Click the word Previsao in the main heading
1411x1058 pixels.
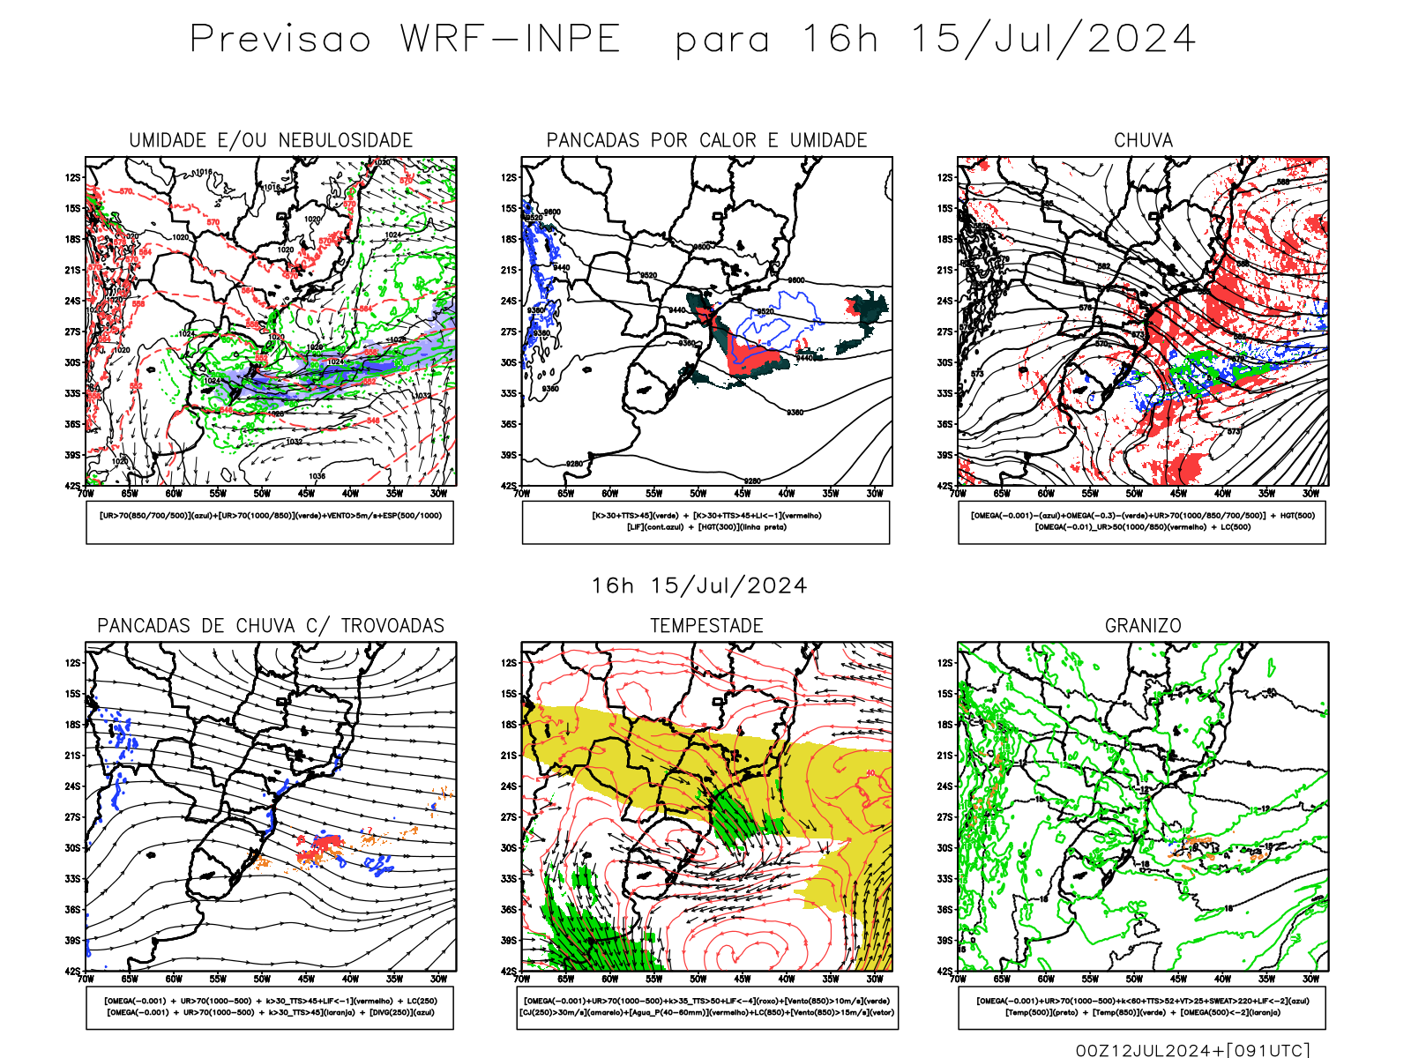pos(280,40)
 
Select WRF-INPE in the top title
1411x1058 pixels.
pos(511,40)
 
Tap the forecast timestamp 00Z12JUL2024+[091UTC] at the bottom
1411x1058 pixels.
pos(1192,1049)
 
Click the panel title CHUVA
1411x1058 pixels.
pos(1143,140)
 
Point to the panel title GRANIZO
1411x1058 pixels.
pos(1143,626)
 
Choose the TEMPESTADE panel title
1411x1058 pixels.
pos(706,626)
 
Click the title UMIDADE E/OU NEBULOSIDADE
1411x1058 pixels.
pos(271,140)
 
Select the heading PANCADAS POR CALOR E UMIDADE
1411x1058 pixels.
pos(706,140)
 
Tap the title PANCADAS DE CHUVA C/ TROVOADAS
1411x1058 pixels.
pos(271,626)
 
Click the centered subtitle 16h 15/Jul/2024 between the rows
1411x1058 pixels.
pos(699,586)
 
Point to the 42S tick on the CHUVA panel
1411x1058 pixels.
pos(945,486)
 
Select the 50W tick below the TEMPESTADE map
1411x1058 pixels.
pos(698,979)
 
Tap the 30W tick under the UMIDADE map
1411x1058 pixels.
pos(438,494)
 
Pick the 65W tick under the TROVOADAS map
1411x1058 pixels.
pos(130,979)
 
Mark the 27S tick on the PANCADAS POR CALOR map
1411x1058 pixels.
pos(509,332)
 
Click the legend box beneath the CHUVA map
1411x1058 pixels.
pos(1142,522)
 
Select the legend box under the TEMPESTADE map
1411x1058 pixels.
pos(707,1007)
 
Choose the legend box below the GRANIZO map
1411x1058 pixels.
pos(1142,1007)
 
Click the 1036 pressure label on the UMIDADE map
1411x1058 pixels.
pos(317,476)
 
